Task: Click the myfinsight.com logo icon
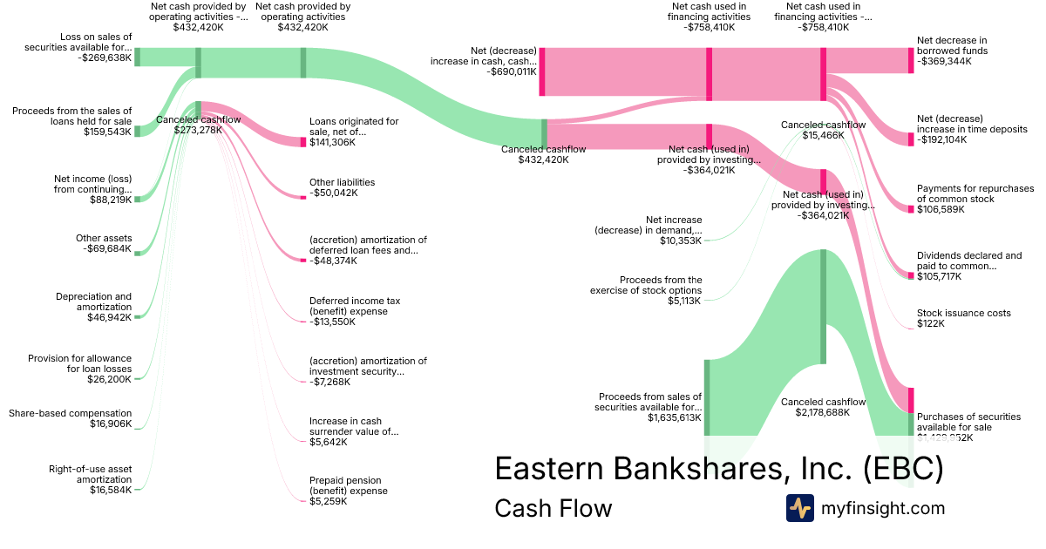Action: point(800,508)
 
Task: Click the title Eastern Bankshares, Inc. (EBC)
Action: point(718,469)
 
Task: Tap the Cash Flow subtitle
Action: point(553,508)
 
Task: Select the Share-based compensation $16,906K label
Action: point(70,418)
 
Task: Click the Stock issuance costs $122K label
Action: point(963,318)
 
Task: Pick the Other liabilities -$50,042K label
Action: point(342,187)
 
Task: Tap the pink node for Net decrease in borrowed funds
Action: point(911,60)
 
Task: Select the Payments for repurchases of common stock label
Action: point(975,199)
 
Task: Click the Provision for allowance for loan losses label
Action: point(79,369)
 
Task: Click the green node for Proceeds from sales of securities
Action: point(707,396)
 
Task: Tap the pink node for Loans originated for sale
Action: point(303,141)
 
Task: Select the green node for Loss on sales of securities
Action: point(137,58)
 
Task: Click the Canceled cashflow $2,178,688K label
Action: point(823,407)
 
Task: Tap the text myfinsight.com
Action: point(882,508)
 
